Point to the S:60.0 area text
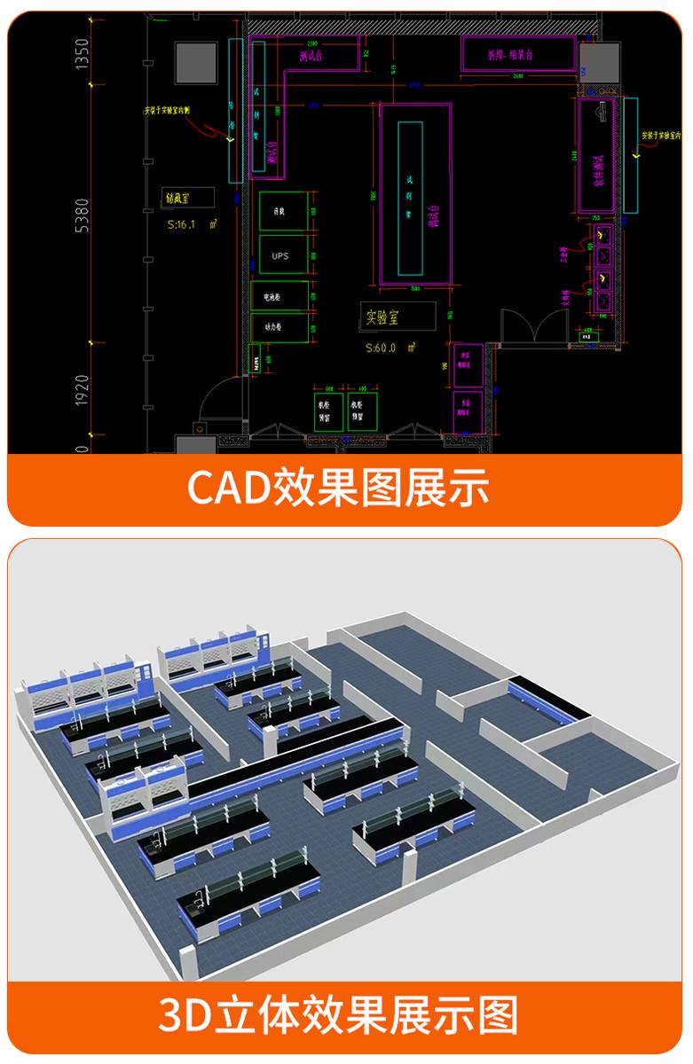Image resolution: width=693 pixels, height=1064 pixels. tap(387, 348)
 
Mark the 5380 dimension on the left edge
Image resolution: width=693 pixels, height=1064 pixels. tap(83, 216)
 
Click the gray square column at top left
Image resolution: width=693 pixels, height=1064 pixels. tap(197, 59)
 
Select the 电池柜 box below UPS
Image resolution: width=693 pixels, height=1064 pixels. tap(280, 295)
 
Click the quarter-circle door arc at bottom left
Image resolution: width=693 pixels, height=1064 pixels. tap(217, 403)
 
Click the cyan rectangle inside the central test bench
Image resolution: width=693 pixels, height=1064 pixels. tap(410, 198)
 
